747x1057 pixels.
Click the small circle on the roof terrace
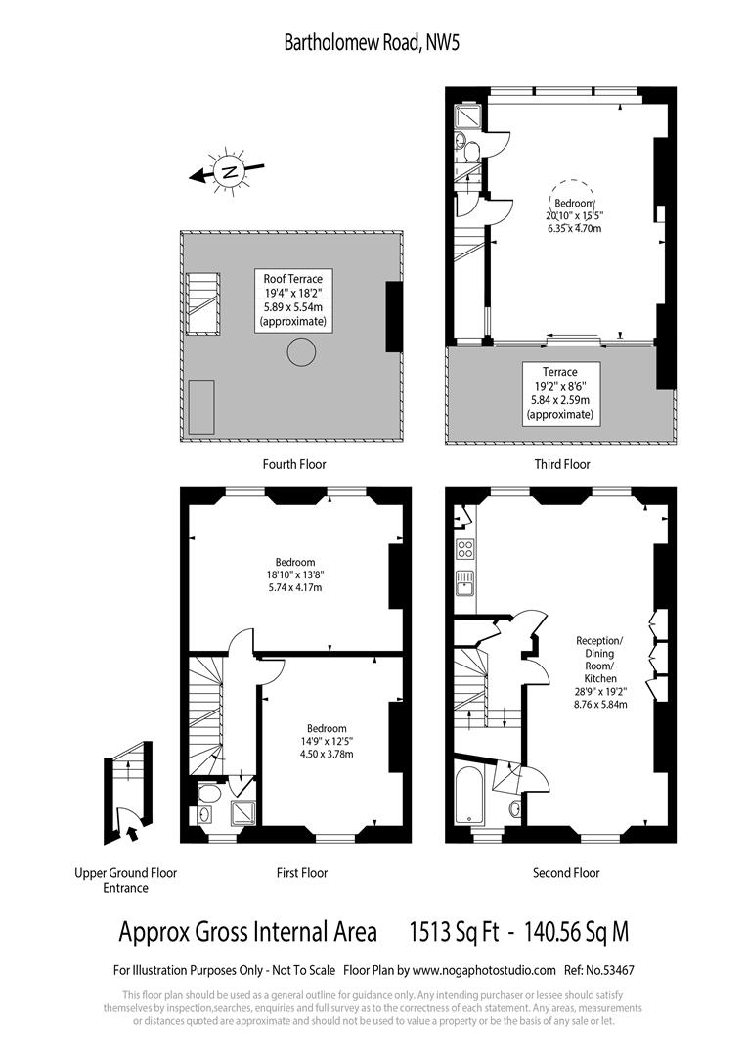point(301,351)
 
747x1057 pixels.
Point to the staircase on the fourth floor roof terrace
point(202,304)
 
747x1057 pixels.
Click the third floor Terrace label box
point(560,392)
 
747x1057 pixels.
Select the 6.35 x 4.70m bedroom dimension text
point(574,228)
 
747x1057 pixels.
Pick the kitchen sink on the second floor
point(465,583)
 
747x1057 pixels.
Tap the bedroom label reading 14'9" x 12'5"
point(327,741)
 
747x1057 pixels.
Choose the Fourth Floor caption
point(294,464)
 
